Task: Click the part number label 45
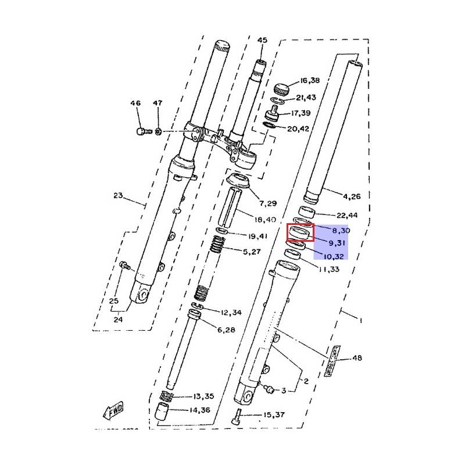pyautogui.click(x=262, y=40)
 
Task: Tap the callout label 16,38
pyautogui.click(x=310, y=81)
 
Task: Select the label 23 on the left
pyautogui.click(x=118, y=196)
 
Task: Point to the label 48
pyautogui.click(x=356, y=358)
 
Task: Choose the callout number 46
pyautogui.click(x=135, y=103)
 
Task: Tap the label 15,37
pyautogui.click(x=273, y=414)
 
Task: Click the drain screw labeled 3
pyautogui.click(x=269, y=388)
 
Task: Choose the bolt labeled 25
pyautogui.click(x=124, y=266)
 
